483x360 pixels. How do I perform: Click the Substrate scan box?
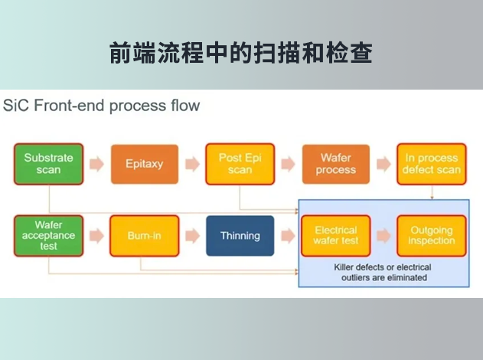pos(48,164)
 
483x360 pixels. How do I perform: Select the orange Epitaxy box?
pos(145,164)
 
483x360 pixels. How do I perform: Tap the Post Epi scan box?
pos(240,164)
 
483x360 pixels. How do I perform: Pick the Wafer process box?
pos(336,164)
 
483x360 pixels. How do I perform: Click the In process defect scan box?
pos(432,164)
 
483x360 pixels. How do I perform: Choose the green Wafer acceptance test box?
pos(48,236)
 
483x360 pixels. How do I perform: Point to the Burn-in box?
pos(145,236)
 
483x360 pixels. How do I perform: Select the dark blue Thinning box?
pos(240,236)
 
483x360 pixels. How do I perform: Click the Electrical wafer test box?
pos(336,236)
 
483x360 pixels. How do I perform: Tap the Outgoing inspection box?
pos(432,236)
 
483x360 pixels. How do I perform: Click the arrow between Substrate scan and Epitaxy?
pos(96,164)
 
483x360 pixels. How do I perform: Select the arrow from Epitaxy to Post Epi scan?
pos(192,164)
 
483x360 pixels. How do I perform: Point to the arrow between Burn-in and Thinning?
pos(192,236)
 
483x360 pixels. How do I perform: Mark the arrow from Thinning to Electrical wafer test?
pos(288,236)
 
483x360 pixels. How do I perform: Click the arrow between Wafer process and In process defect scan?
pos(383,164)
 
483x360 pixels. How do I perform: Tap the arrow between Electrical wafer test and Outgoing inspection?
pos(383,236)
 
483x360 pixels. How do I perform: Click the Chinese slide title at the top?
pos(241,54)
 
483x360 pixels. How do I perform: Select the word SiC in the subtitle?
pos(18,105)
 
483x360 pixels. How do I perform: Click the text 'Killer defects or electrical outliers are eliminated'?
pos(383,273)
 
